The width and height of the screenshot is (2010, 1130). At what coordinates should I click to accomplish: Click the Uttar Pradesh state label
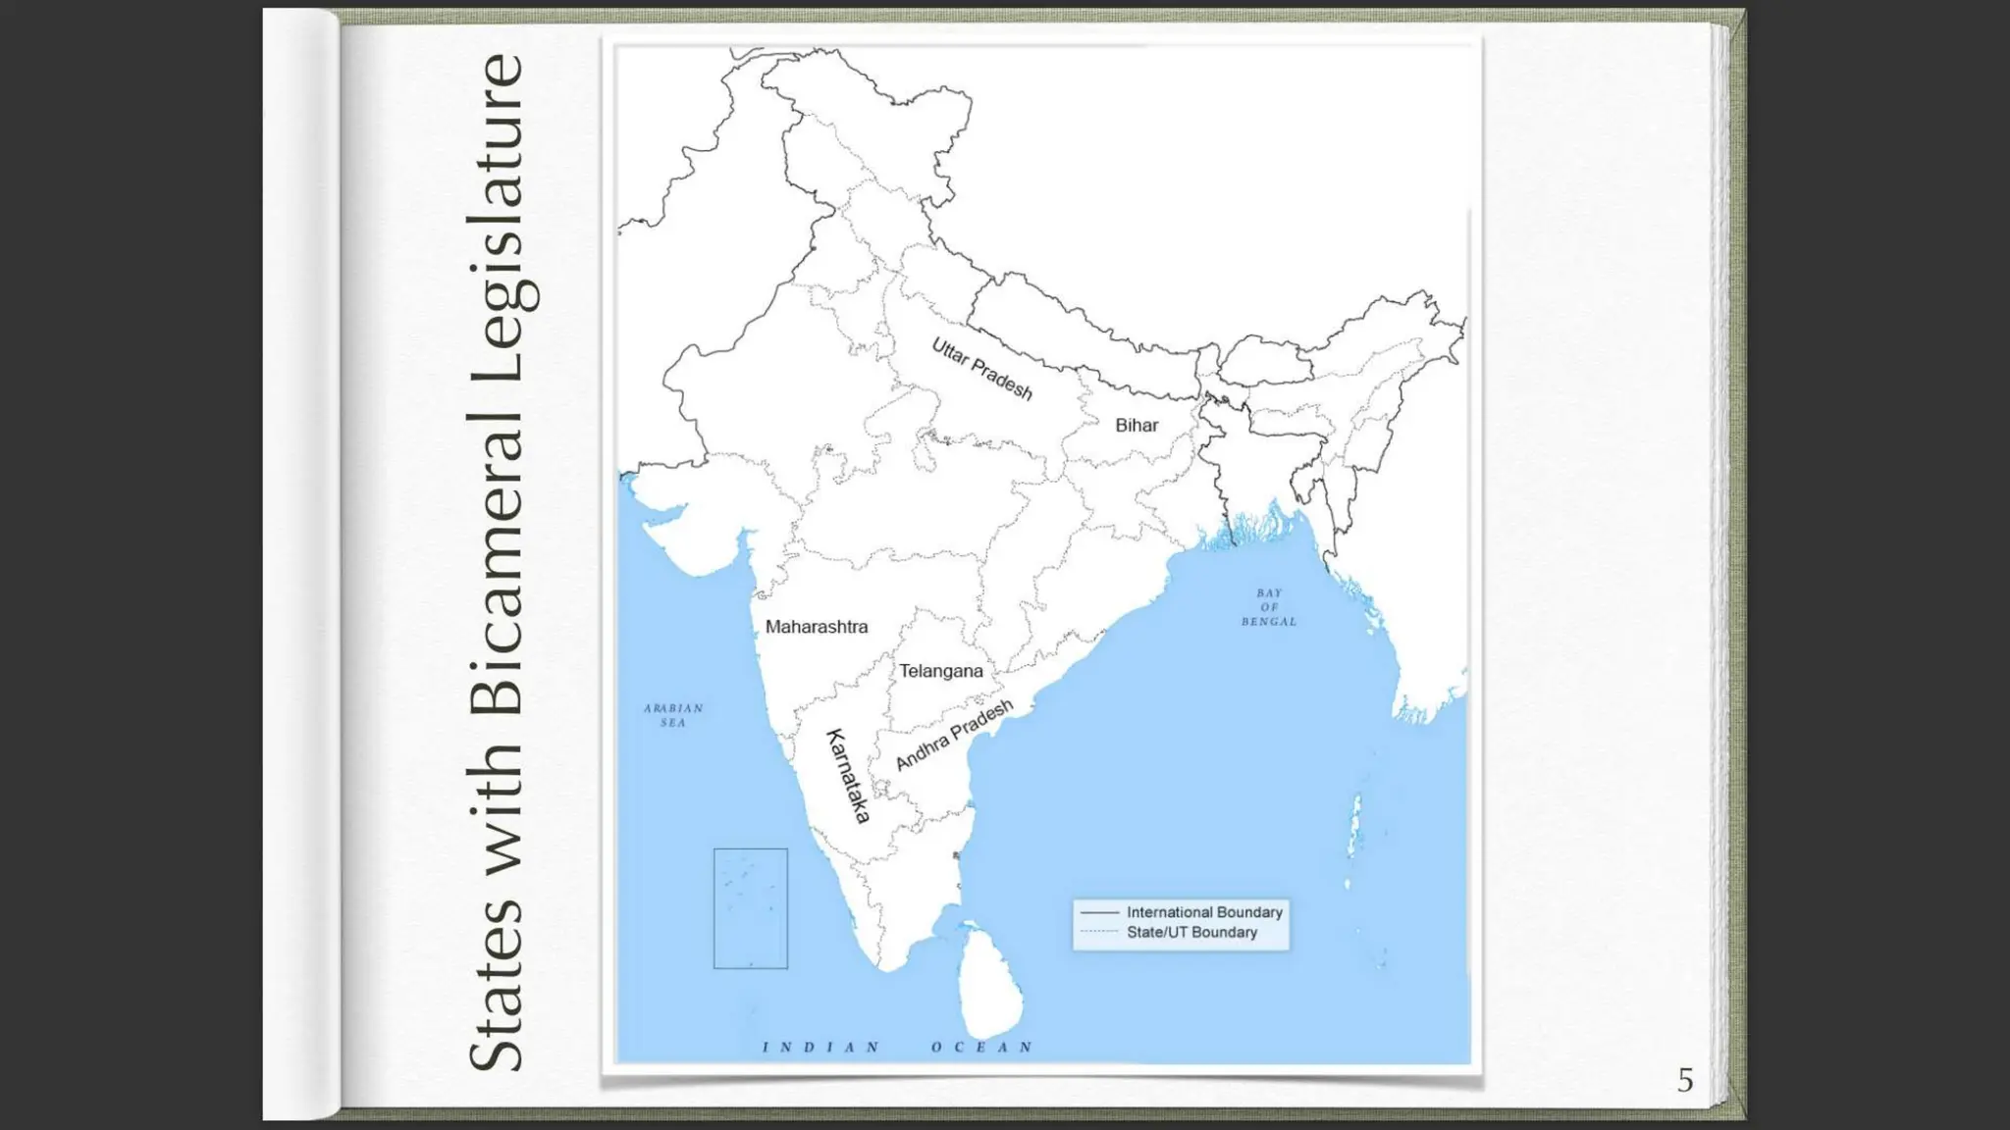click(x=981, y=369)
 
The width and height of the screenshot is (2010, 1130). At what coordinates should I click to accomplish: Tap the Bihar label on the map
click(x=1137, y=426)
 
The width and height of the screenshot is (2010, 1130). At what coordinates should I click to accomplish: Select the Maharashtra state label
click(x=817, y=627)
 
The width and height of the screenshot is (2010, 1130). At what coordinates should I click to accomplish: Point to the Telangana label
click(x=941, y=671)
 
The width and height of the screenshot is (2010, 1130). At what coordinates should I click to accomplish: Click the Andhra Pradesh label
click(x=954, y=735)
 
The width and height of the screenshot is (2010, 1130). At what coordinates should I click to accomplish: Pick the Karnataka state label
click(x=849, y=776)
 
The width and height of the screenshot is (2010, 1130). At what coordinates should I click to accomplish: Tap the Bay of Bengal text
click(x=1269, y=607)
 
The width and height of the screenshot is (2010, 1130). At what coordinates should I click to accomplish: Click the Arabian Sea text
click(x=673, y=715)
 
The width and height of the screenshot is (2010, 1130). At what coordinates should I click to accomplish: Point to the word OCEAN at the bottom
click(x=982, y=1048)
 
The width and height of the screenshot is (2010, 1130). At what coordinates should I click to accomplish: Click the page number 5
click(x=1685, y=1080)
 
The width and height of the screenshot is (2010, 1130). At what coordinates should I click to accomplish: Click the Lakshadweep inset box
click(x=751, y=908)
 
